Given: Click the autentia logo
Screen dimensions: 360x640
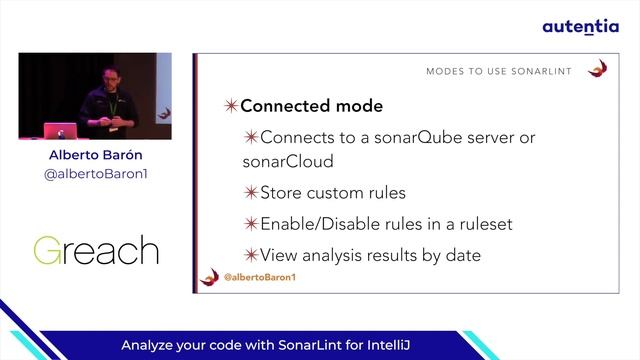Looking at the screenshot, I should [580, 27].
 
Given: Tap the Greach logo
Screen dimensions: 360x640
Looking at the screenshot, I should [95, 250].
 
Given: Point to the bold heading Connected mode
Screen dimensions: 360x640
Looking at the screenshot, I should [311, 106].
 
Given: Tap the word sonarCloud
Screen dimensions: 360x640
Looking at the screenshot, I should [287, 160].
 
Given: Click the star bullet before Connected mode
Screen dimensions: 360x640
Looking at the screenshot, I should [230, 106].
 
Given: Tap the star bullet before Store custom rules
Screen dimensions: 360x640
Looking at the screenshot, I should [251, 192].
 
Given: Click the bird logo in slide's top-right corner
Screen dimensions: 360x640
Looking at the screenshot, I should [598, 69].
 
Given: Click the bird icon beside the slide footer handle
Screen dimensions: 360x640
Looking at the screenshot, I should [210, 277].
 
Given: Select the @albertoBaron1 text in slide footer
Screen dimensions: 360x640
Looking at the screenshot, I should [259, 277].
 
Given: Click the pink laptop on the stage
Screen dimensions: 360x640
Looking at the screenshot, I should [55, 130].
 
